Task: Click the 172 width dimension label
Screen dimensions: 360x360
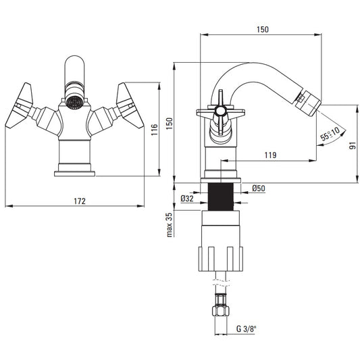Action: [x=80, y=201]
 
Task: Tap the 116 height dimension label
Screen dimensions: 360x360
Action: [x=155, y=130]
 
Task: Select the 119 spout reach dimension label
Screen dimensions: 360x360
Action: [x=270, y=155]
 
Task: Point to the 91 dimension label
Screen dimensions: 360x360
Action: [x=353, y=146]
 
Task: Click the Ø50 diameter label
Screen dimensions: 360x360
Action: [x=259, y=188]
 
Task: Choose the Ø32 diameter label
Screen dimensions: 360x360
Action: [x=187, y=199]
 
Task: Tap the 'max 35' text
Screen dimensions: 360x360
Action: [x=169, y=225]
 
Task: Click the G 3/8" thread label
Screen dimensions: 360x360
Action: [x=246, y=329]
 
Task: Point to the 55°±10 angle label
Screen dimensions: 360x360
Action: [x=330, y=134]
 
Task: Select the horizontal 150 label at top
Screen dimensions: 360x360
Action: [x=263, y=30]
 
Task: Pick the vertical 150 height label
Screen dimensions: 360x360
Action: [x=170, y=124]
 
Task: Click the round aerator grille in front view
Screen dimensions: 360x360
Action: [x=74, y=102]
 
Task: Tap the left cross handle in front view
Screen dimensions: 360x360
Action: [x=20, y=105]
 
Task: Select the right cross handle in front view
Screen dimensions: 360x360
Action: [x=130, y=105]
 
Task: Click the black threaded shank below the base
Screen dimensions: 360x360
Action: [x=221, y=197]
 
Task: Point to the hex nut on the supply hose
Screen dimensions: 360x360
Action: [x=221, y=311]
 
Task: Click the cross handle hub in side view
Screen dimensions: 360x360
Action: [x=220, y=111]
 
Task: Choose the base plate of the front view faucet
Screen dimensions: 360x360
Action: [x=74, y=174]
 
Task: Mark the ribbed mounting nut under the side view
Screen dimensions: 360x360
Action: [x=220, y=259]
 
